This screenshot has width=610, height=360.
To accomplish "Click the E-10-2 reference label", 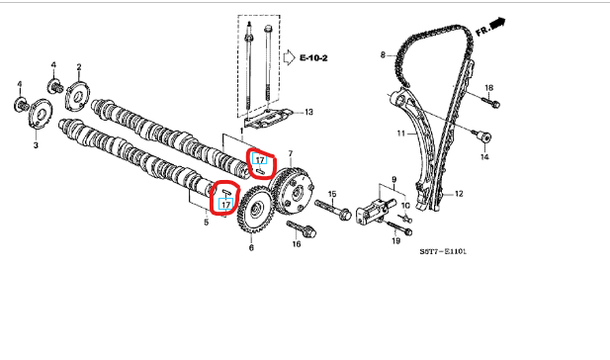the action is pos(313,58).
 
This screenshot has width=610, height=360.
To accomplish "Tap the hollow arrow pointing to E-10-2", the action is pos(290,57).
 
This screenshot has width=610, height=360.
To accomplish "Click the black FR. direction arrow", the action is pos(497,24).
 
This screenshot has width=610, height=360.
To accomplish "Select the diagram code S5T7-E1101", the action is pos(443,251).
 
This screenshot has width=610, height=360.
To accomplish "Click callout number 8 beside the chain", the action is pos(383,54).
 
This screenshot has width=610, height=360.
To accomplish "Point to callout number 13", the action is pos(308,112).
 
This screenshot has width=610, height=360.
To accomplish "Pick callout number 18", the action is pos(489,88).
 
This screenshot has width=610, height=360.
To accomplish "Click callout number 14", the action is pos(484,157).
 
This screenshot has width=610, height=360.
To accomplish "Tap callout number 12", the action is pos(459,194).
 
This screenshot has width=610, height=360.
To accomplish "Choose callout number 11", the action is pos(401,134).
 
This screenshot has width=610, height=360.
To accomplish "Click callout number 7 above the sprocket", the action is pos(291,154).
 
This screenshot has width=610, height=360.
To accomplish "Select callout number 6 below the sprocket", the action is pos(251,247).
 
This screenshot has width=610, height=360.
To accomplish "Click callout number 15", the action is pos(332,194).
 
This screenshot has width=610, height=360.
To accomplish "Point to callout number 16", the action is pos(297,244).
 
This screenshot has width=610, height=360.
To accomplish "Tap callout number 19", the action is pos(396,241).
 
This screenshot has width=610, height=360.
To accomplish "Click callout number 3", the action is pos(36,145).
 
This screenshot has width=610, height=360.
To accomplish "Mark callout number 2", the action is pos(79,67).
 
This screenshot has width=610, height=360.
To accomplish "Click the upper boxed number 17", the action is pos(260,159).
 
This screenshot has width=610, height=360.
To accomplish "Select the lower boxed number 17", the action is pos(226,204).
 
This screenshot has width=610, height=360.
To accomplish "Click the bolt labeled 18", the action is pos(491,103).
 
